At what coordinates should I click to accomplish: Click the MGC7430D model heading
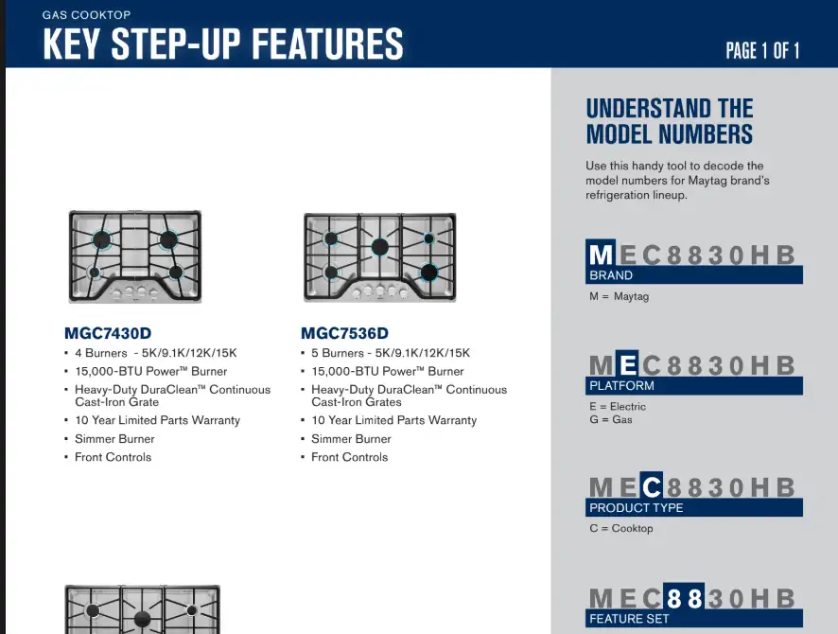pyautogui.click(x=108, y=333)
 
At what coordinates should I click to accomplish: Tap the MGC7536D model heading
pyautogui.click(x=344, y=333)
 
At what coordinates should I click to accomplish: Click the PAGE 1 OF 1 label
pyautogui.click(x=762, y=51)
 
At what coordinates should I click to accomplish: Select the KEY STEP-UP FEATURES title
pyautogui.click(x=223, y=44)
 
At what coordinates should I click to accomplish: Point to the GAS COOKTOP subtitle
pyautogui.click(x=87, y=15)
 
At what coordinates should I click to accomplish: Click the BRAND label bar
pyautogui.click(x=693, y=274)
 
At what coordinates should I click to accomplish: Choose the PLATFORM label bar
pyautogui.click(x=693, y=385)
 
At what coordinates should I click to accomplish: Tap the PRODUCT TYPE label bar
pyautogui.click(x=693, y=507)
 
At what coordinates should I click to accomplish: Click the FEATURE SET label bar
pyautogui.click(x=693, y=619)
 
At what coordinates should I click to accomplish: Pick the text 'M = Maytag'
pyautogui.click(x=619, y=296)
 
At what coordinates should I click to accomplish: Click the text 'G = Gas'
pyautogui.click(x=611, y=419)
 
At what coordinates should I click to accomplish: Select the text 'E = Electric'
pyautogui.click(x=618, y=406)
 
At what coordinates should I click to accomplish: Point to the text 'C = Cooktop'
pyautogui.click(x=621, y=528)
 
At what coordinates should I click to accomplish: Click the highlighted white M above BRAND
pyautogui.click(x=601, y=254)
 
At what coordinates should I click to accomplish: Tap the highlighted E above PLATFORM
pyautogui.click(x=627, y=364)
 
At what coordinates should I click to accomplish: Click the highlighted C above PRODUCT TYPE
pyautogui.click(x=651, y=486)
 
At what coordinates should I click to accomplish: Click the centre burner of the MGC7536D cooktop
pyautogui.click(x=380, y=247)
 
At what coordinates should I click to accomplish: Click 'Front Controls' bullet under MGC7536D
pyautogui.click(x=350, y=457)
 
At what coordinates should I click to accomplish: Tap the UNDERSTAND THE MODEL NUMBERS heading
pyautogui.click(x=670, y=121)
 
